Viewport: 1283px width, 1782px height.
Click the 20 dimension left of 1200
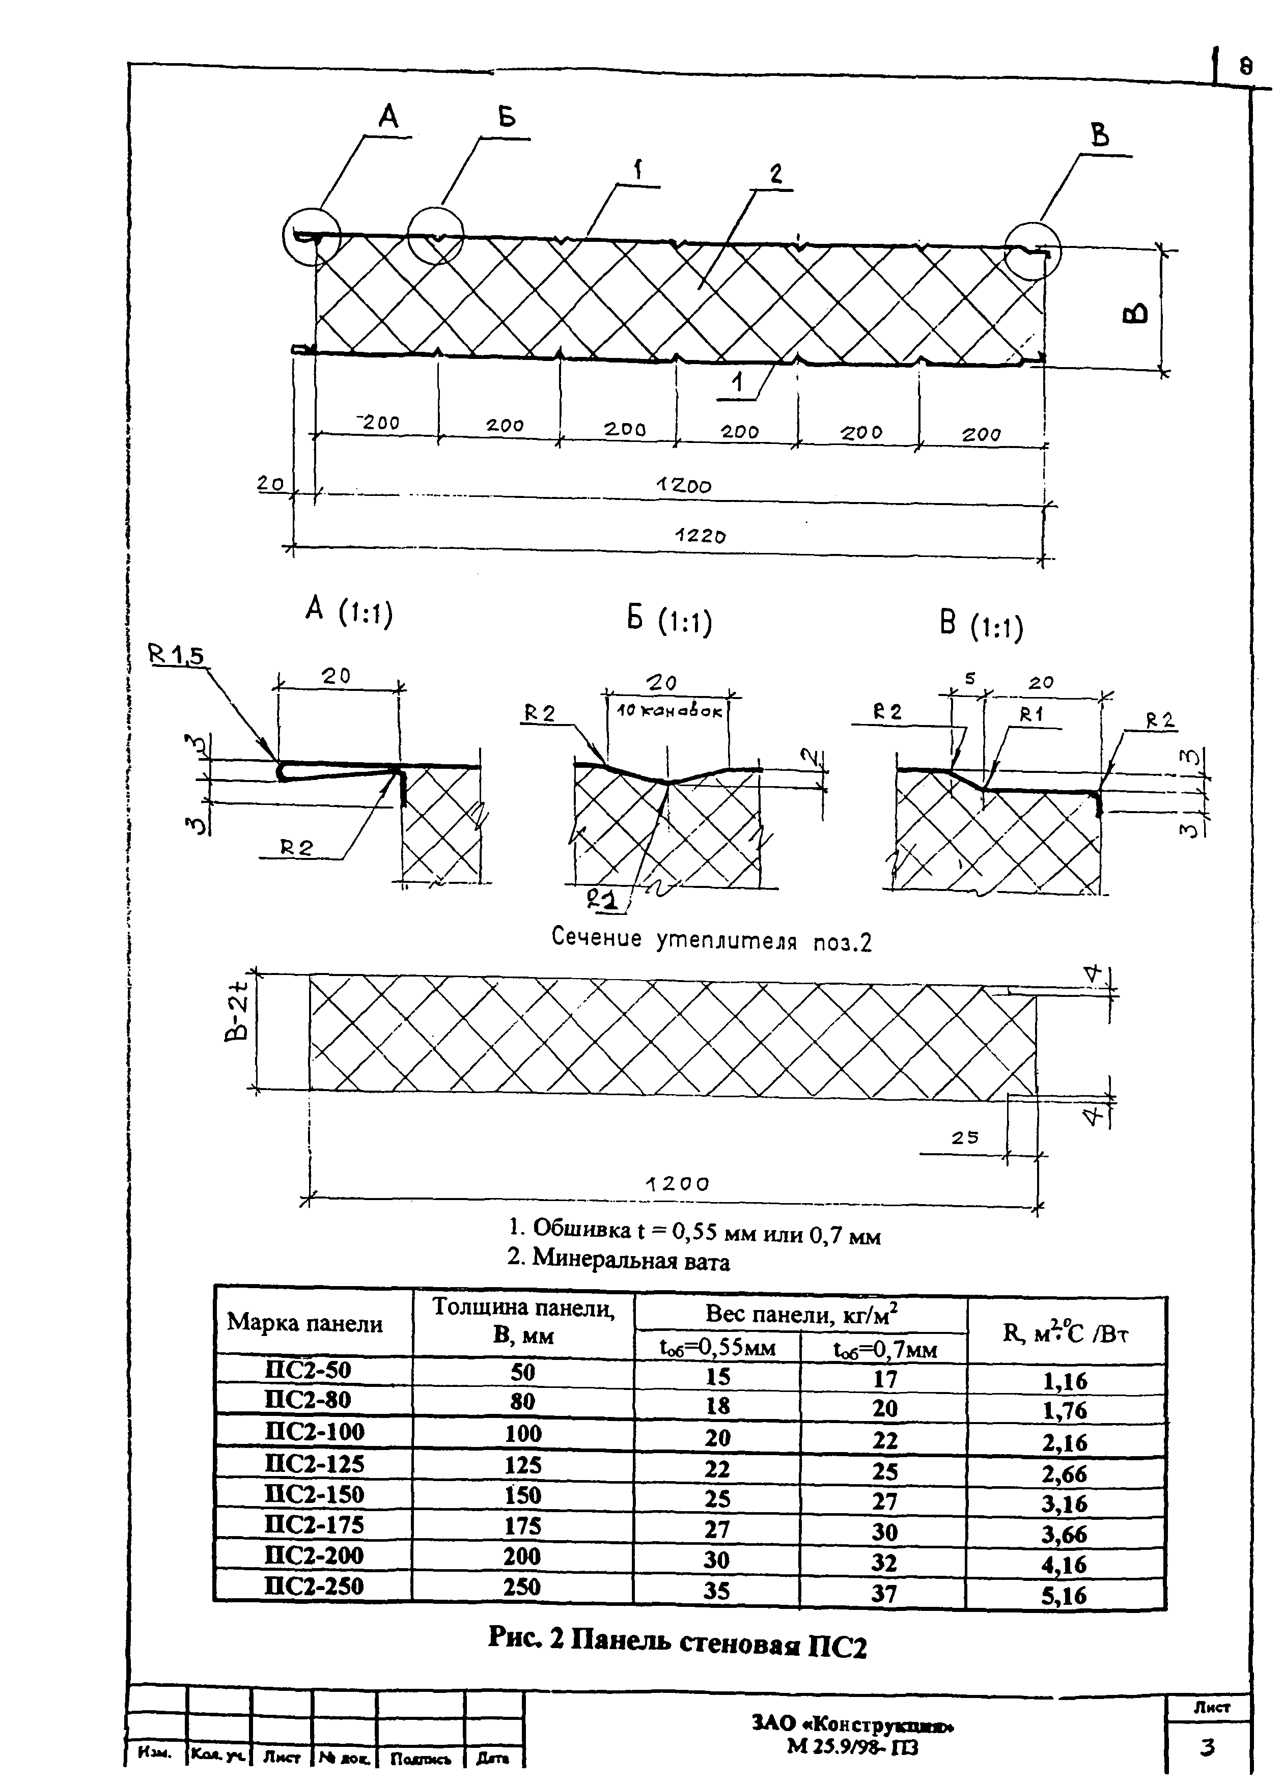click(x=271, y=484)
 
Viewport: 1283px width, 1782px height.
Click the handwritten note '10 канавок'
click(x=670, y=712)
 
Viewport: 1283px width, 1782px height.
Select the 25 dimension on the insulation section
click(x=965, y=1137)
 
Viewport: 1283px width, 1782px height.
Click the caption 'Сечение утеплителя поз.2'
click(x=712, y=940)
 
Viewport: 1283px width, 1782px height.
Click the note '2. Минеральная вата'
click(x=618, y=1261)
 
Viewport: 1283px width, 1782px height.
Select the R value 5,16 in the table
click(x=1065, y=1595)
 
